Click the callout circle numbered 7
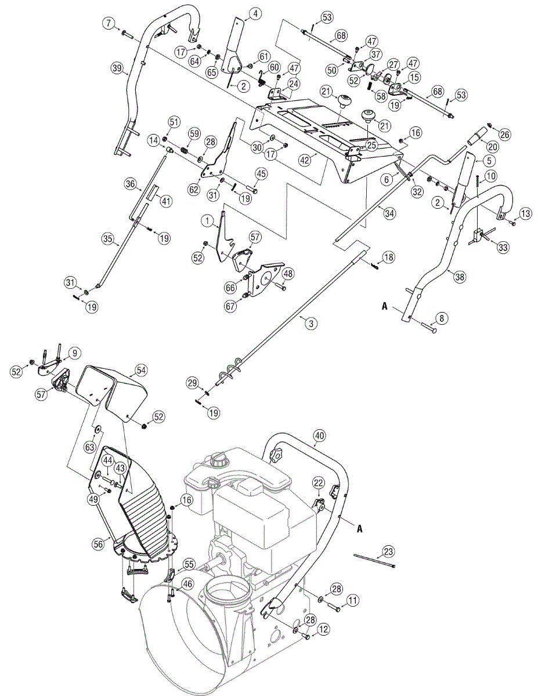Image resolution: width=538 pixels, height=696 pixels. (x=108, y=24)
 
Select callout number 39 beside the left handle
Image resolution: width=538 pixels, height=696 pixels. (x=117, y=68)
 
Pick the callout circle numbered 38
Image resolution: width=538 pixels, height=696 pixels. (x=460, y=277)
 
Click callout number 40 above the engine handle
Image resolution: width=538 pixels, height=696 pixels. (x=319, y=435)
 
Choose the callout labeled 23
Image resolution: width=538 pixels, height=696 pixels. (x=389, y=551)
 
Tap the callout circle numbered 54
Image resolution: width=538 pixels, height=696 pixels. (x=141, y=369)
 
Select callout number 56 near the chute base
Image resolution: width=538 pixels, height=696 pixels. (x=98, y=543)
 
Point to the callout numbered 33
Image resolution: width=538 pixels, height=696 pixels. (x=503, y=247)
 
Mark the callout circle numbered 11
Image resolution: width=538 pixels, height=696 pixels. (x=353, y=600)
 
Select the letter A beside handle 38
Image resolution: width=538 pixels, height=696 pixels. (x=384, y=306)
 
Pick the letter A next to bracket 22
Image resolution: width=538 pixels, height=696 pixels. (x=359, y=528)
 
